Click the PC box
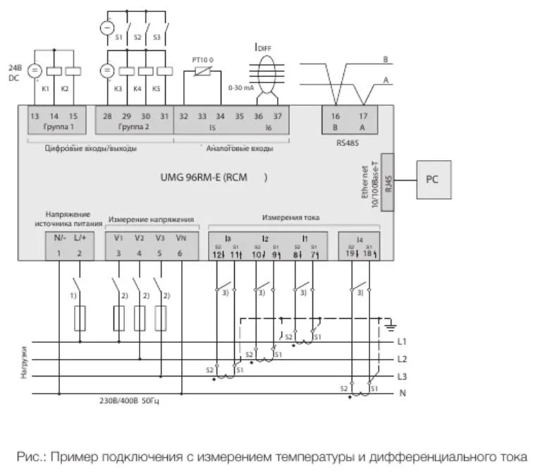[x=433, y=179]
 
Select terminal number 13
[x=35, y=116]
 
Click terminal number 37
[x=277, y=116]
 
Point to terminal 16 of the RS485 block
[x=336, y=116]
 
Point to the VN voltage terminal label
[x=181, y=238]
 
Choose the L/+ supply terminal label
[x=79, y=238]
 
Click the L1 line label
[x=403, y=342]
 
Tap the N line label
[x=402, y=392]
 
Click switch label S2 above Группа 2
[x=137, y=37]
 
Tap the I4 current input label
[x=360, y=239]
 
